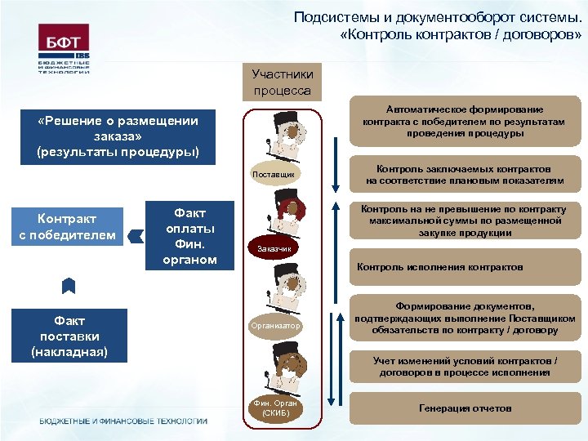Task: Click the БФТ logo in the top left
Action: (x=64, y=48)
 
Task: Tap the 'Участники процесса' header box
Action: (x=282, y=82)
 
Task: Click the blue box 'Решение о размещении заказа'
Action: (x=118, y=136)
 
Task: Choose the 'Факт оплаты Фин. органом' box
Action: (x=185, y=236)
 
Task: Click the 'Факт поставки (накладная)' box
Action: (x=69, y=335)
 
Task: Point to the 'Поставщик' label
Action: (x=282, y=175)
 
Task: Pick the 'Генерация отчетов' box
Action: (x=465, y=408)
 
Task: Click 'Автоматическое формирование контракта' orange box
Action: (x=465, y=122)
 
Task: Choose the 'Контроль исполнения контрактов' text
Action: (x=440, y=267)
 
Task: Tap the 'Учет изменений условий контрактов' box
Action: (x=465, y=367)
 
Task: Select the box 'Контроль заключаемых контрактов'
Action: (x=465, y=175)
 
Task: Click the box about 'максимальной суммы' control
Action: (x=465, y=221)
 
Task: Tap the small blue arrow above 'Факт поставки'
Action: (x=69, y=286)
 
